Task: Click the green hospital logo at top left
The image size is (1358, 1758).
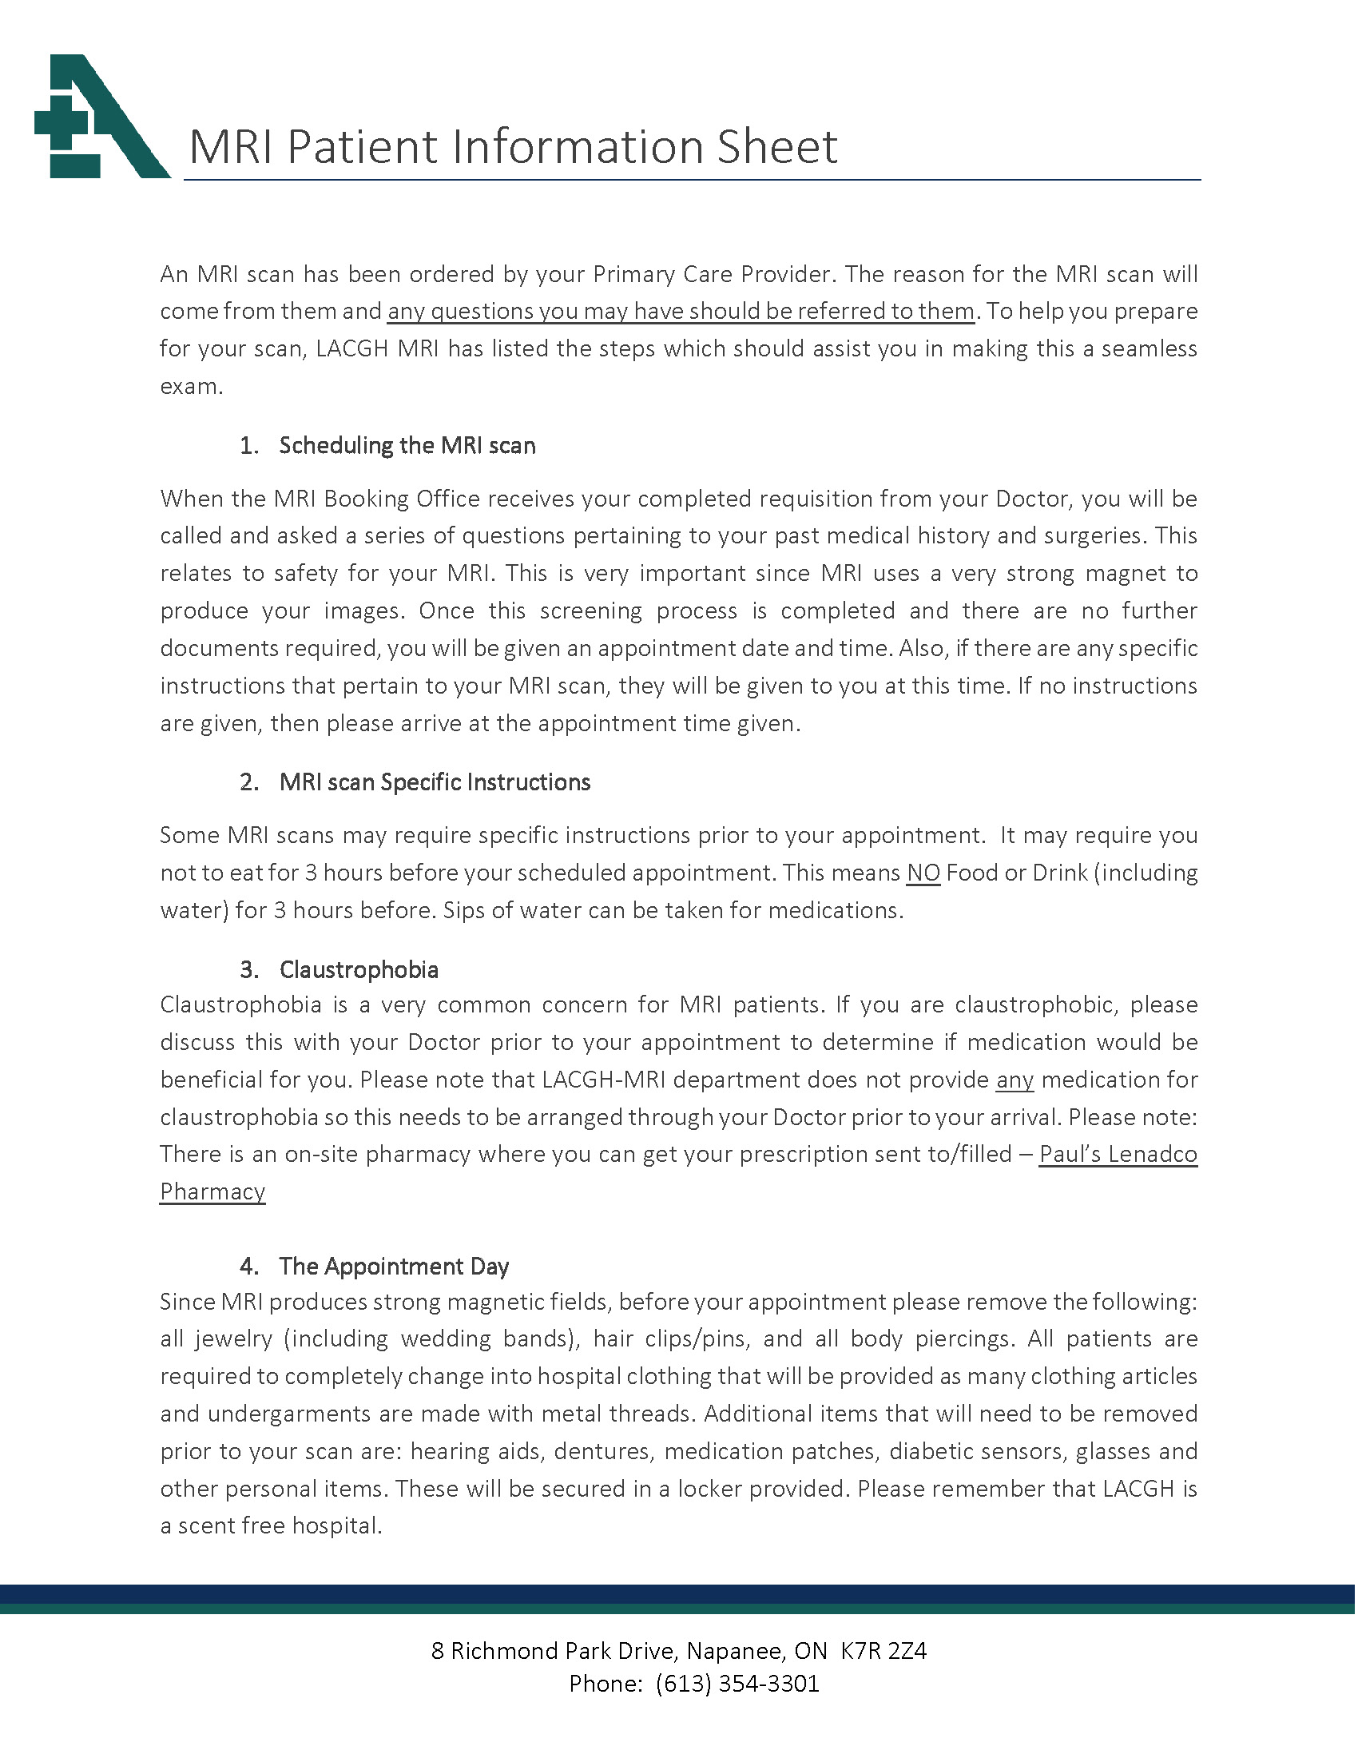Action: (x=101, y=117)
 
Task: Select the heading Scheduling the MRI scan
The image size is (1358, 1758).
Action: (x=407, y=446)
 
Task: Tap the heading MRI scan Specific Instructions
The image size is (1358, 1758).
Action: (x=435, y=782)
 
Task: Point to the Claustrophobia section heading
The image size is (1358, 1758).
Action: (x=359, y=970)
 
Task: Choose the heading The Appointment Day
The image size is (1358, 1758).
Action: (x=394, y=1267)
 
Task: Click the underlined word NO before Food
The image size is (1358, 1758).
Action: (x=923, y=873)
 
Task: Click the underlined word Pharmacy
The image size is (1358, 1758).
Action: (x=212, y=1192)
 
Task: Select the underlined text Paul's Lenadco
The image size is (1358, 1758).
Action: (x=1118, y=1155)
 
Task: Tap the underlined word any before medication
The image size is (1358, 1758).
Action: (x=1015, y=1080)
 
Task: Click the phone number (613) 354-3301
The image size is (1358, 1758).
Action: (x=737, y=1684)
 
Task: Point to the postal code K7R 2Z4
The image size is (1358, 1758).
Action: (x=884, y=1651)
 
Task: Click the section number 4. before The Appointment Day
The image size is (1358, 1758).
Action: (x=249, y=1267)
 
